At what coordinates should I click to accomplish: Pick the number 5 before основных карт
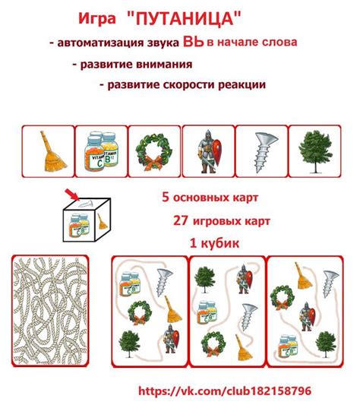click(x=165, y=197)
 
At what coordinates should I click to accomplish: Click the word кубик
click(x=220, y=243)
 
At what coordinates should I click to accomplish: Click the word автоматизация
click(x=114, y=44)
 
